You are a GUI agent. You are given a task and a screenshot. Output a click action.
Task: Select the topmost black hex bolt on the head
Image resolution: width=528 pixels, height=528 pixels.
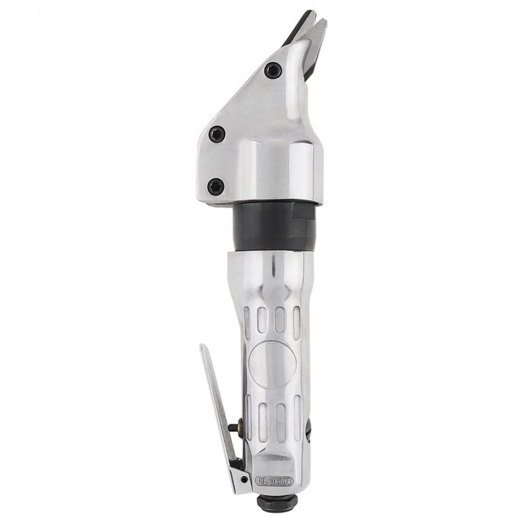pos(271,70)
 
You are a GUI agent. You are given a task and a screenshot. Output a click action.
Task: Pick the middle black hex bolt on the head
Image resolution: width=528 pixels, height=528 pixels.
pos(215,134)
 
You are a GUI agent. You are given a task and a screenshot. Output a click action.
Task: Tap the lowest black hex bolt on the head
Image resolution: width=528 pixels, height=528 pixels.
pos(214,186)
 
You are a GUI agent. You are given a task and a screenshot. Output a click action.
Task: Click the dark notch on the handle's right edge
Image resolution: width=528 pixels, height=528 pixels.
pos(308,432)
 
